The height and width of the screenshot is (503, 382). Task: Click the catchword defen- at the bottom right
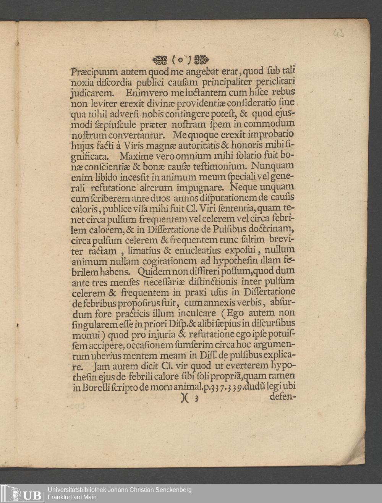(283, 396)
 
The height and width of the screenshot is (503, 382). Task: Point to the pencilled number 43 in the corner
(338, 34)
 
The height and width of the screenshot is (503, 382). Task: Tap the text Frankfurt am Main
(72, 497)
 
